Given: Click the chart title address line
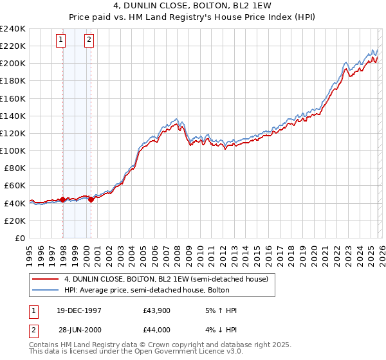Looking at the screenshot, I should [x=193, y=6].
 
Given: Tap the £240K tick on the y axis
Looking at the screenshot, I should [x=13, y=29].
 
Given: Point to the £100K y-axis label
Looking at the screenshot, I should [x=13, y=150].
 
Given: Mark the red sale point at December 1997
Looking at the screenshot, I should [x=63, y=199].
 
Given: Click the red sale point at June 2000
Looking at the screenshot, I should [x=91, y=199].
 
